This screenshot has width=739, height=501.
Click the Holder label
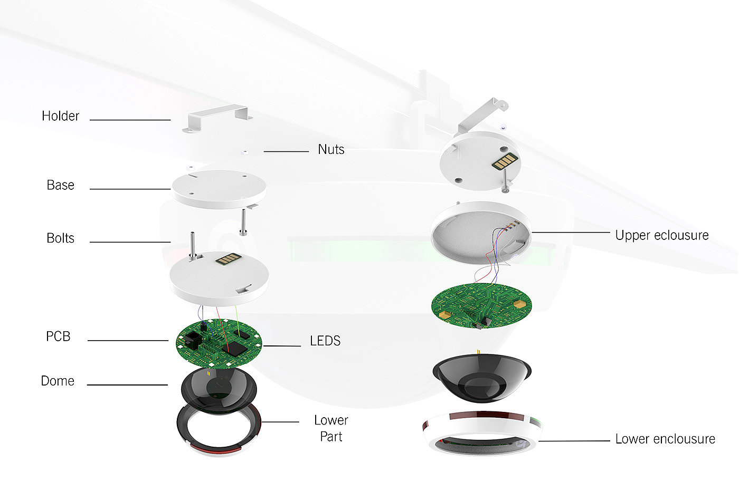[x=60, y=116]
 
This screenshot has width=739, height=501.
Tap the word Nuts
[x=331, y=150]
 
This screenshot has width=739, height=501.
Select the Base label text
[x=60, y=185]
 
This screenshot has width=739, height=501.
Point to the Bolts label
[x=60, y=238]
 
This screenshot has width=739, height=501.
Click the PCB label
[x=58, y=336]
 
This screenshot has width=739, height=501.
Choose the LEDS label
[x=325, y=341]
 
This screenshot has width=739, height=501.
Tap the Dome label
[x=58, y=381]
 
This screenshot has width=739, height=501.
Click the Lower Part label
[x=331, y=428]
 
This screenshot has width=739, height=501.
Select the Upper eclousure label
[x=662, y=235]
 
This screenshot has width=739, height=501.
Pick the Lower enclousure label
[x=665, y=439]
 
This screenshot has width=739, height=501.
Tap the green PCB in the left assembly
[x=219, y=344]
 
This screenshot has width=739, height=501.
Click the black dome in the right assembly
[x=481, y=378]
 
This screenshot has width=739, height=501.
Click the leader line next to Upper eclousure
[x=570, y=232]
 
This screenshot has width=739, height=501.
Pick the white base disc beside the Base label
[x=219, y=189]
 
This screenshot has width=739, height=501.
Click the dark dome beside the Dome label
[x=219, y=389]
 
